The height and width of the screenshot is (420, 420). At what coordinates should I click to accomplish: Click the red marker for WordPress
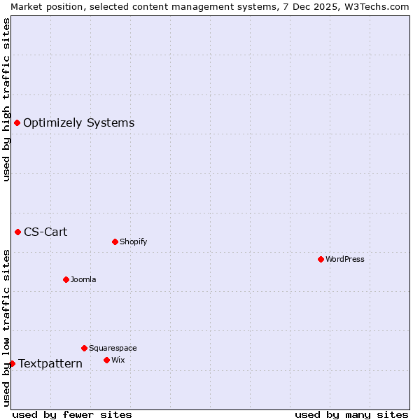pos(321,259)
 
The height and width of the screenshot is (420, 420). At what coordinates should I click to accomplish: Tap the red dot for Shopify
pos(115,241)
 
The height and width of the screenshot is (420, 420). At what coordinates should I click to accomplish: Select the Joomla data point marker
pos(66,279)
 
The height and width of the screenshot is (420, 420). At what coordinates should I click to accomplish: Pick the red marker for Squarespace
pos(84,348)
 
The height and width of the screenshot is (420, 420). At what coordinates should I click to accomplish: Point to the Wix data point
pos(106,360)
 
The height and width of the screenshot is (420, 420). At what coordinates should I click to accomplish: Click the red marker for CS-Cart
pos(17,232)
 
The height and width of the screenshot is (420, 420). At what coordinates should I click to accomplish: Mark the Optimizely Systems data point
pos(17,122)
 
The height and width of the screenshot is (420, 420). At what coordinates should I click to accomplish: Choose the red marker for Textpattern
pos(12,363)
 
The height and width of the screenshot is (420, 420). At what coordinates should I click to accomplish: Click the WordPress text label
pos(345,259)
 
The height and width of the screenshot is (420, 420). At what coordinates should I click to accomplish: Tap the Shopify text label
pos(133,241)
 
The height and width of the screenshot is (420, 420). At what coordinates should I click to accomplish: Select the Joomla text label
pos(83,279)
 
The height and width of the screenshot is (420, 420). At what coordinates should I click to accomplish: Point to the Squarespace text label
pos(113,348)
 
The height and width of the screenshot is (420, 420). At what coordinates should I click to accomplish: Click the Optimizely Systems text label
pos(78,123)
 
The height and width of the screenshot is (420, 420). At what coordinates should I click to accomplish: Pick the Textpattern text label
pos(50,363)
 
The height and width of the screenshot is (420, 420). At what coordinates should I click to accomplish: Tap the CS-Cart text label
pos(45,232)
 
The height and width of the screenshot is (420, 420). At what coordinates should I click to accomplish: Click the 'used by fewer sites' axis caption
pos(72,414)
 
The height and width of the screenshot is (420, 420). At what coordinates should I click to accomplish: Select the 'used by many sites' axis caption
pos(351,414)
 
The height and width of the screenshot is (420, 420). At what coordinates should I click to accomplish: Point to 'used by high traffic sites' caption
pos(6,99)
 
